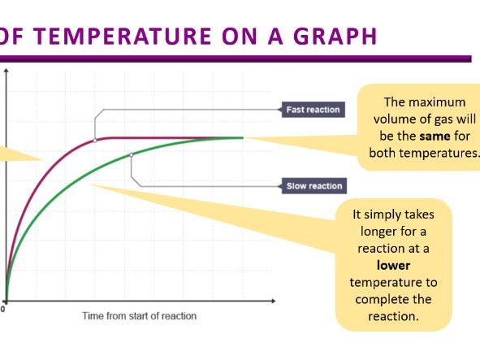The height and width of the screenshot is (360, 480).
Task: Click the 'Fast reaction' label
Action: pyautogui.click(x=313, y=109)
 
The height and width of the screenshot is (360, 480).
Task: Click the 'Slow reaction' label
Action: pyautogui.click(x=314, y=186)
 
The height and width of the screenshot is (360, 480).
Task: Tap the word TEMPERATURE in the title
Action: pyautogui.click(x=121, y=37)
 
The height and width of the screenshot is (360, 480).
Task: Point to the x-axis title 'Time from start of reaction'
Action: pyautogui.click(x=139, y=315)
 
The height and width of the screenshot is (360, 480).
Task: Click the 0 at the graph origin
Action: pyautogui.click(x=3, y=310)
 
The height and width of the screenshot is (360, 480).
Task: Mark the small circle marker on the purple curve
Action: pyautogui.click(x=95, y=140)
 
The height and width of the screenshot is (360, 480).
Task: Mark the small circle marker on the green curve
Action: pyautogui.click(x=132, y=154)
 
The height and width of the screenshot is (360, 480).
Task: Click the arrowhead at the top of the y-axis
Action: pyautogui.click(x=6, y=71)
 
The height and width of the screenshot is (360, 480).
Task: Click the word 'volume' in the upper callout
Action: pyautogui.click(x=393, y=119)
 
